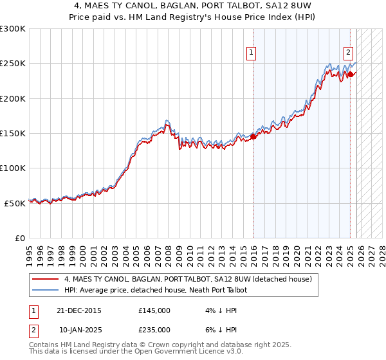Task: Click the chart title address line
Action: pyautogui.click(x=193, y=5)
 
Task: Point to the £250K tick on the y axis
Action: pyautogui.click(x=13, y=64)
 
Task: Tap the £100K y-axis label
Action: pyautogui.click(x=13, y=168)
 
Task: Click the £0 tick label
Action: pyautogui.click(x=20, y=238)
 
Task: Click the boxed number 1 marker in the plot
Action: pyautogui.click(x=250, y=53)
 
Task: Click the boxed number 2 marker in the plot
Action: pyautogui.click(x=348, y=53)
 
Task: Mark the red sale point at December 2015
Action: pyautogui.click(x=253, y=136)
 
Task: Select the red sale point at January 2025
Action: pyautogui.click(x=351, y=74)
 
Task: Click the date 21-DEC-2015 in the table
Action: pyautogui.click(x=78, y=310)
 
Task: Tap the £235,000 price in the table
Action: pyautogui.click(x=154, y=329)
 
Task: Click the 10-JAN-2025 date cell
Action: pyautogui.click(x=80, y=329)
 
